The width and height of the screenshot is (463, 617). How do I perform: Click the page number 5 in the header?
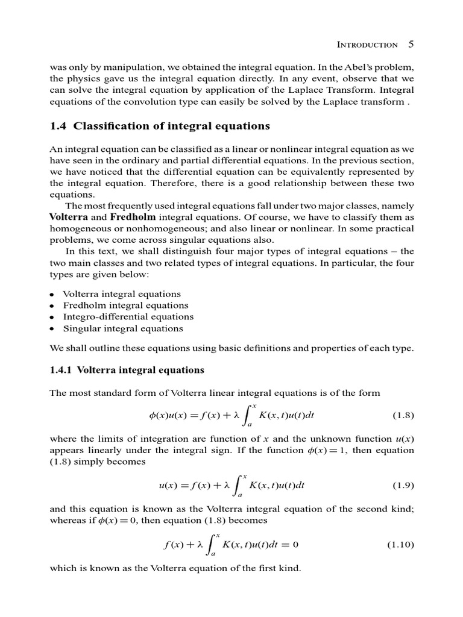pos(411,44)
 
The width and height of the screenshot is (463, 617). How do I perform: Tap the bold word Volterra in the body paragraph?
pos(69,216)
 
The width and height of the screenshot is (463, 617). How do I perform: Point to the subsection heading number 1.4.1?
pos(61,370)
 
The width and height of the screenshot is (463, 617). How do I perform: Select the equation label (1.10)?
pos(401,545)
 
